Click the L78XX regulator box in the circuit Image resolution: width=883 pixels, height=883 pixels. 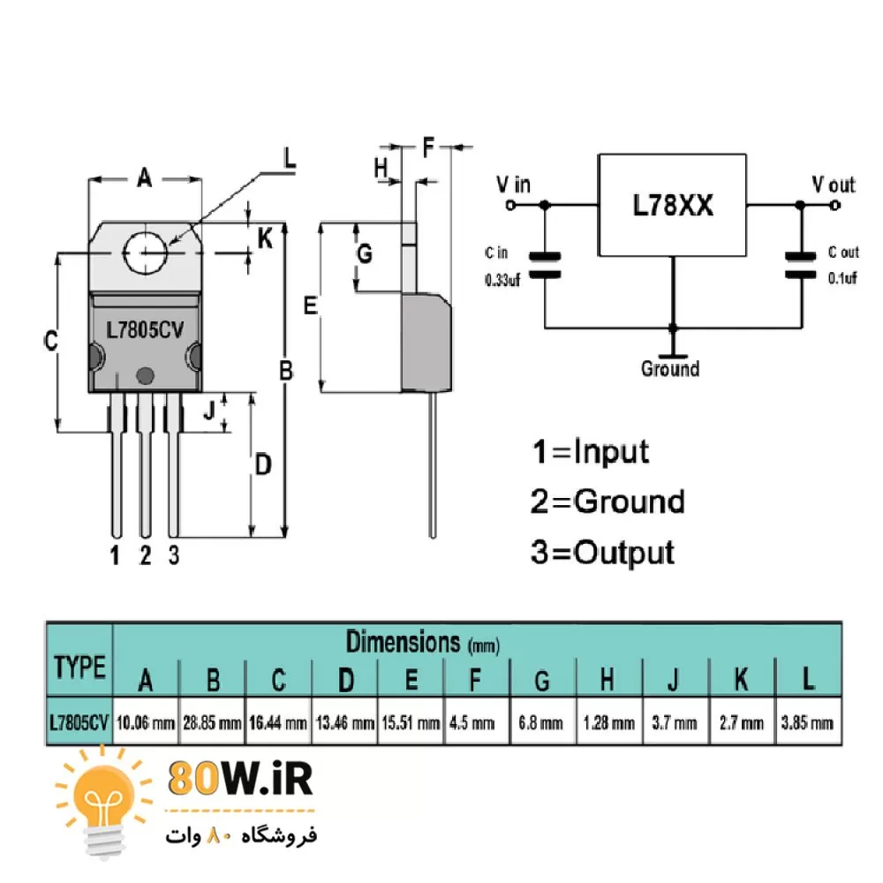pyautogui.click(x=673, y=206)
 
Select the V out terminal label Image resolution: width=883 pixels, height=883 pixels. pyautogui.click(x=834, y=185)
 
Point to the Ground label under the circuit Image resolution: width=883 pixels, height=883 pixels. pyautogui.click(x=670, y=368)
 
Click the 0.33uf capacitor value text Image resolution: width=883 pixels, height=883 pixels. pyautogui.click(x=502, y=279)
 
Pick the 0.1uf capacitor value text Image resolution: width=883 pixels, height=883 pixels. pyautogui.click(x=842, y=279)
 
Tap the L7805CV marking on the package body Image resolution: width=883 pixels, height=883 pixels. pyautogui.click(x=144, y=329)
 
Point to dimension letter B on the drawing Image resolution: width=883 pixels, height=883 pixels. pyautogui.click(x=285, y=371)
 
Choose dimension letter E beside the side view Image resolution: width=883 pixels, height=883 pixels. pyautogui.click(x=309, y=306)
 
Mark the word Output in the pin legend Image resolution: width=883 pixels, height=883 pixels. pyautogui.click(x=623, y=553)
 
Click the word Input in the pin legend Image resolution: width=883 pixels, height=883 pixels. pyautogui.click(x=611, y=451)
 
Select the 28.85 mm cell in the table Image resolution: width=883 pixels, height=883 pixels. pyautogui.click(x=213, y=723)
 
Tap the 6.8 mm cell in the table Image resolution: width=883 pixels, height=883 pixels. pyautogui.click(x=542, y=723)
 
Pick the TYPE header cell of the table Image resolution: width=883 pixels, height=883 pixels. pyautogui.click(x=79, y=667)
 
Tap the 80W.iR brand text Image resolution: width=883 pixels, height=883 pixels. pyautogui.click(x=239, y=780)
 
